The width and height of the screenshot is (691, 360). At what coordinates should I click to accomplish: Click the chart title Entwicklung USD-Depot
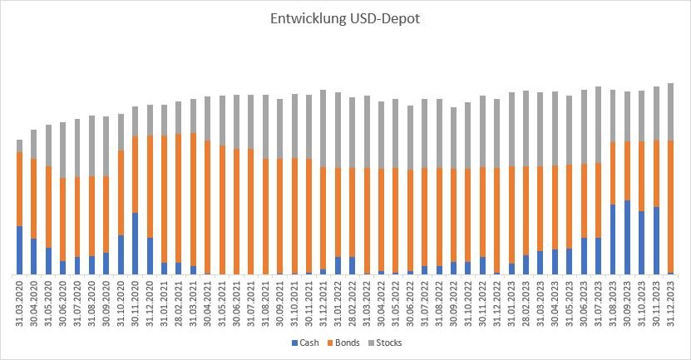pyautogui.click(x=344, y=18)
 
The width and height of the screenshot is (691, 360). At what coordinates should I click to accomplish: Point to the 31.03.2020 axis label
pyautogui.click(x=20, y=303)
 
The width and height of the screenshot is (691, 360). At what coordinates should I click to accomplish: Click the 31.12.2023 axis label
pyautogui.click(x=670, y=303)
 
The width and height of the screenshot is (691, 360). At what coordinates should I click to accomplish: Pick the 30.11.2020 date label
pyautogui.click(x=136, y=303)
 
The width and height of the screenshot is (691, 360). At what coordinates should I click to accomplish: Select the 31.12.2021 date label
pyautogui.click(x=323, y=303)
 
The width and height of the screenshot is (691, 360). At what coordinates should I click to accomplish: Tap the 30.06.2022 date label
pyautogui.click(x=410, y=303)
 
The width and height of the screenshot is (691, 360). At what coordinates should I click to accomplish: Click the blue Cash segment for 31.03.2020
pyautogui.click(x=20, y=249)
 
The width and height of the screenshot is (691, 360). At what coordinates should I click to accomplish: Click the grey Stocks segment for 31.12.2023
pyautogui.click(x=670, y=111)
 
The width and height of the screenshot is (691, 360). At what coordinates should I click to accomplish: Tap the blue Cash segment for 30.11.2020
pyautogui.click(x=136, y=244)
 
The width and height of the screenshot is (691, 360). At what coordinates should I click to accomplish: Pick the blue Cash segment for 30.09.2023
pyautogui.click(x=627, y=237)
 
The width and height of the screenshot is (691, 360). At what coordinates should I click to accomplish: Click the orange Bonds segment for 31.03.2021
pyautogui.click(x=193, y=200)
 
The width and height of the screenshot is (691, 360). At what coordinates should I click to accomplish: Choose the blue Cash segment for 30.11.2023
pyautogui.click(x=656, y=240)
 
